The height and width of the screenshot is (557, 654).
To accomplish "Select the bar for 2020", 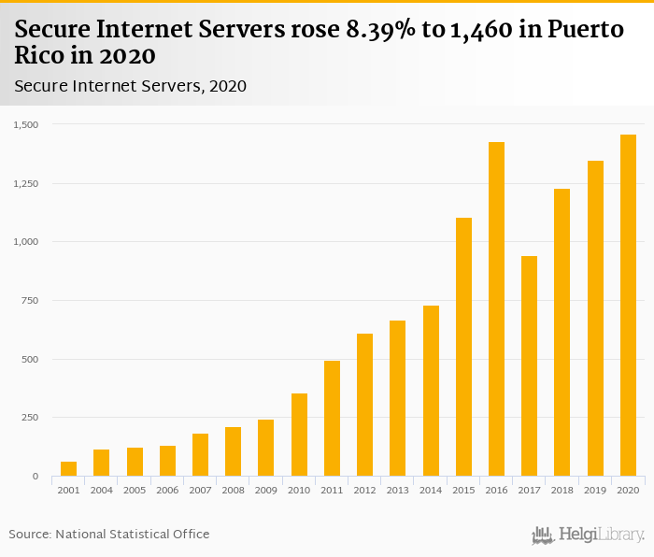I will (x=629, y=306).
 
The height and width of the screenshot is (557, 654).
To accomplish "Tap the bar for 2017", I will (x=530, y=366).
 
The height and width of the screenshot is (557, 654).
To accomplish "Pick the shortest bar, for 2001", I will (x=68, y=469).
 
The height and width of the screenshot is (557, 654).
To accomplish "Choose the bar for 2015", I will (x=464, y=347).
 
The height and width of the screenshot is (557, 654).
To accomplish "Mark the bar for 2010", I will (x=299, y=435).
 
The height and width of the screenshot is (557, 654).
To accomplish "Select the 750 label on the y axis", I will (x=29, y=300).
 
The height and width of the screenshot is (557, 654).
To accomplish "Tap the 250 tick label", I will (x=29, y=418).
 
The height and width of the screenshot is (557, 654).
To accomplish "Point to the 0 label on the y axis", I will (x=35, y=477).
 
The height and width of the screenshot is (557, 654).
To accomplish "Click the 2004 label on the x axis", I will (x=101, y=491).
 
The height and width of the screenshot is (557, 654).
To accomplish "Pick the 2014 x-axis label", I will (x=431, y=491).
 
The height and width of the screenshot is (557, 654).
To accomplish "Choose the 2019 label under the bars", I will (x=595, y=491).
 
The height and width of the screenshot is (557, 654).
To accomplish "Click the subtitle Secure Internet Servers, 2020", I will (x=130, y=86).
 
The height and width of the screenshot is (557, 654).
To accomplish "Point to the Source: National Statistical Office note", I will (x=109, y=534).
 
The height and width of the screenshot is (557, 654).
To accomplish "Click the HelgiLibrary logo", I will (x=589, y=535).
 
